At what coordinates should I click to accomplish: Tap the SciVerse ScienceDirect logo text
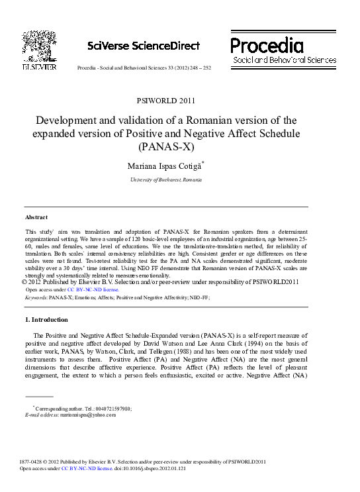point(143,46)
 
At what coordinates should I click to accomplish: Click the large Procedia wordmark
point(267,45)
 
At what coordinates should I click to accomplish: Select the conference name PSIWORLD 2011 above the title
point(165,101)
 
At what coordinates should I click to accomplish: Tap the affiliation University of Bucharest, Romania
point(166,180)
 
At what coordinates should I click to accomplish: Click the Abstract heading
point(36,217)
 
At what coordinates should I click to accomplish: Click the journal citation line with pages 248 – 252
point(144,68)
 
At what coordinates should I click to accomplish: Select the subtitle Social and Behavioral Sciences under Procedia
point(284,60)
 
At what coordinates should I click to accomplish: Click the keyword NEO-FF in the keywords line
point(199,298)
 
